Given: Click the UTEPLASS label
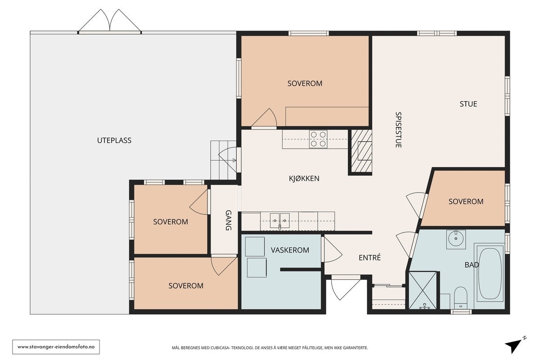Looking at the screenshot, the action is (x=114, y=140).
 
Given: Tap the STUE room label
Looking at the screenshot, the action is (x=468, y=104).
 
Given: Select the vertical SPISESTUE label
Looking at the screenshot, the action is (x=398, y=130).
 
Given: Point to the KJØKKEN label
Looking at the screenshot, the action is (x=304, y=179).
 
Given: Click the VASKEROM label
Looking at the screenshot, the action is (x=290, y=250).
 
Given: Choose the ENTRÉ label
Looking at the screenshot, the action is (x=369, y=257).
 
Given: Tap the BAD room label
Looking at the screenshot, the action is (x=472, y=265).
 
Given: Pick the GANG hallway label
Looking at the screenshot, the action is (x=228, y=220).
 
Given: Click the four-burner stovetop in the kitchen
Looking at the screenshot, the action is (x=318, y=139).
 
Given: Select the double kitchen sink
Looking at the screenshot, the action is (x=279, y=220).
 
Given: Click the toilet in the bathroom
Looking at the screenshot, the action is (x=460, y=297).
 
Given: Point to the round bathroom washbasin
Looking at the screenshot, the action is (x=456, y=238).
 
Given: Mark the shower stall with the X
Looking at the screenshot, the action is (x=423, y=290).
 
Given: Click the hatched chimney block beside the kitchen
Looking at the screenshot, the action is (x=361, y=151).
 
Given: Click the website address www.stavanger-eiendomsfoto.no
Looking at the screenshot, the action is (x=56, y=347).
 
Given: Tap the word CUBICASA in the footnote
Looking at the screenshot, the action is (x=220, y=348).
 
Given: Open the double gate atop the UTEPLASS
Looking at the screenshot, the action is (x=110, y=21).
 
